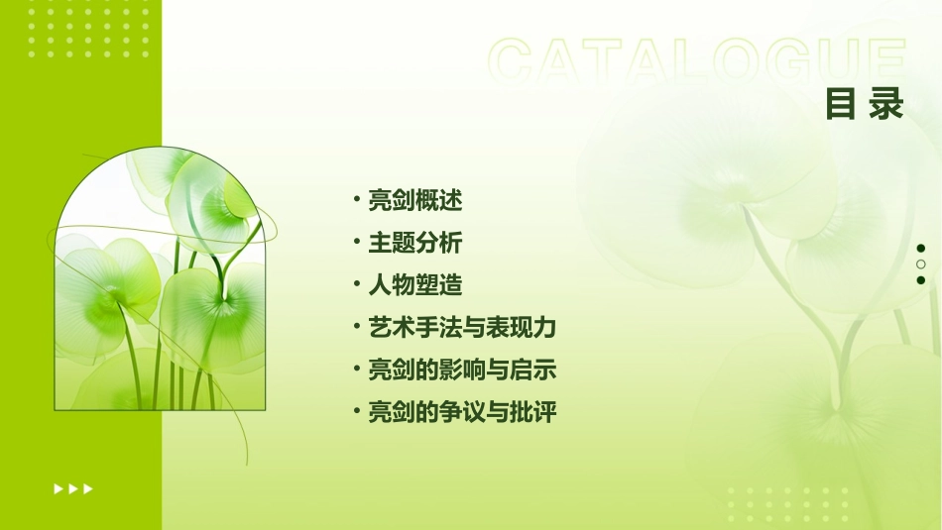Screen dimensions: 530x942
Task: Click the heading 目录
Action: [865, 104]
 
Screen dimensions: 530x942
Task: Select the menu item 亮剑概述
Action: [415, 200]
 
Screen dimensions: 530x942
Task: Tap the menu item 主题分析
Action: [415, 243]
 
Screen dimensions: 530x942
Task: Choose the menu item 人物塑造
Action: [415, 285]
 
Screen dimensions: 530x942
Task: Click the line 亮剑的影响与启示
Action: [462, 371]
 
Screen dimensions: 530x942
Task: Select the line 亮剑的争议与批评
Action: [462, 412]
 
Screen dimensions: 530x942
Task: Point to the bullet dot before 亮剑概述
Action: [357, 200]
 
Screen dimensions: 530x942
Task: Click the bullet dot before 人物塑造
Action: [357, 285]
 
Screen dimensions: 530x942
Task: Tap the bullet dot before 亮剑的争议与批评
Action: [357, 412]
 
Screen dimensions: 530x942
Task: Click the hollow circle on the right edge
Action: [921, 265]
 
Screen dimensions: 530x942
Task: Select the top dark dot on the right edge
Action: [921, 249]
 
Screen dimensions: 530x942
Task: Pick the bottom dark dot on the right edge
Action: [921, 280]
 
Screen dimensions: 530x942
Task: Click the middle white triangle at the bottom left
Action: [73, 488]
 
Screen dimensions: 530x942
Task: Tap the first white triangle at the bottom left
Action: [59, 488]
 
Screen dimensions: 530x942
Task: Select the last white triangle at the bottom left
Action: [88, 488]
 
